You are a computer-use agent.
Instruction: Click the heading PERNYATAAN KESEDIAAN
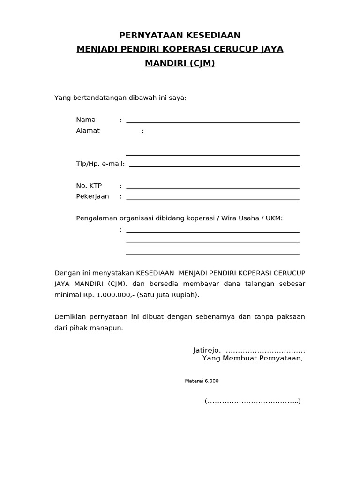pyautogui.click(x=180, y=35)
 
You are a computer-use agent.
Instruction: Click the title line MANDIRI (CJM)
pyautogui.click(x=180, y=63)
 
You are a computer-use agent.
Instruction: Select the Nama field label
pyautogui.click(x=86, y=120)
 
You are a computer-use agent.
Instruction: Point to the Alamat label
pyautogui.click(x=88, y=131)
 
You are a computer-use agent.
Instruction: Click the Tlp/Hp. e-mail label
pyautogui.click(x=100, y=164)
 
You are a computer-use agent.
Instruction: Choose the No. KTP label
pyautogui.click(x=89, y=186)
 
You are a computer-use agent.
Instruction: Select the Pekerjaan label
pyautogui.click(x=92, y=196)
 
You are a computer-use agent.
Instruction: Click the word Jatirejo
pyautogui.click(x=207, y=350)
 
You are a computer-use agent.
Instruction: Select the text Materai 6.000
pyautogui.click(x=202, y=381)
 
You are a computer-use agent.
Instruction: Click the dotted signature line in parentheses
pyautogui.click(x=253, y=401)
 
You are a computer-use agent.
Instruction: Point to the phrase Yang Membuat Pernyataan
pyautogui.click(x=252, y=359)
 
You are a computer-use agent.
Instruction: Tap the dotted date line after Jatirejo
pyautogui.click(x=265, y=351)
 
